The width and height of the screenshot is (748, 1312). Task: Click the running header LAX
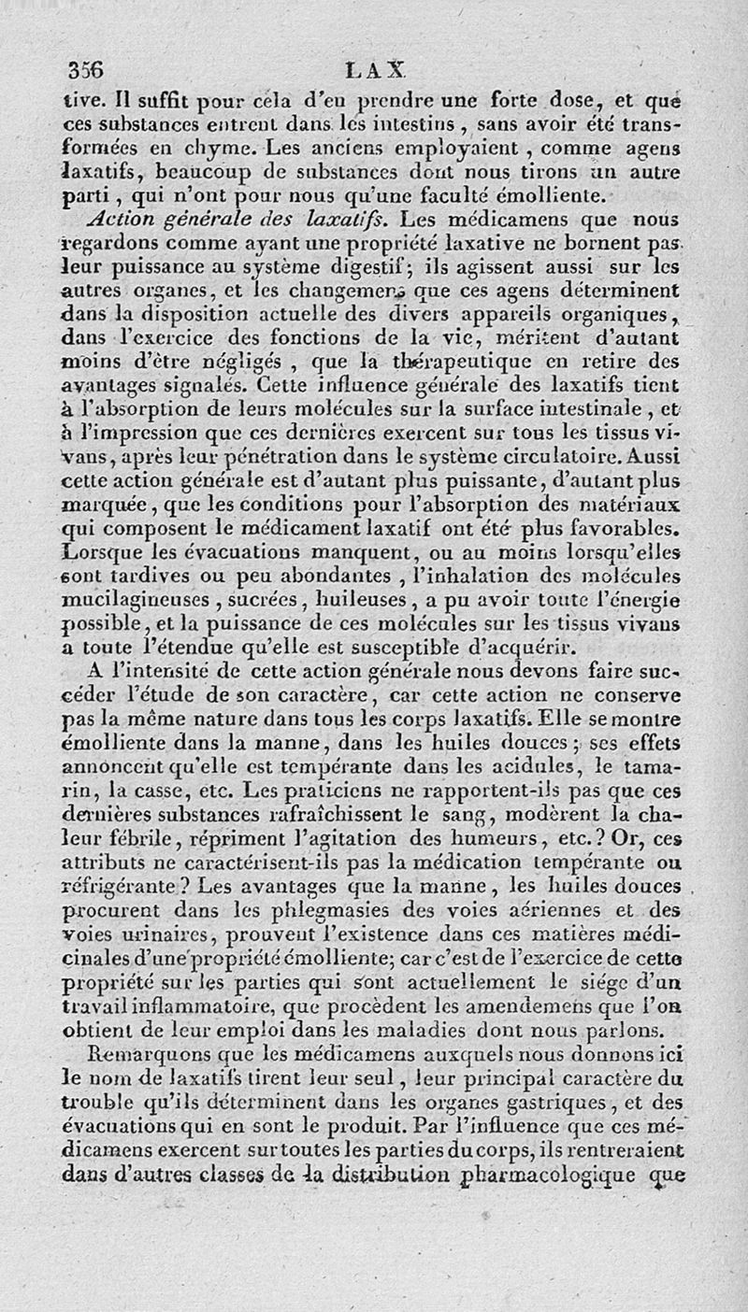[x=375, y=69]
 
